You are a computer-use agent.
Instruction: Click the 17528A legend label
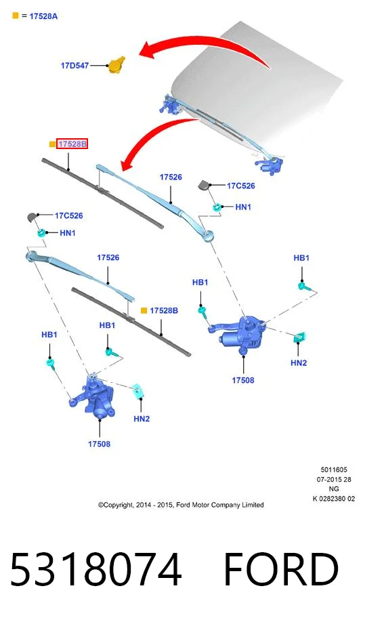point(43,16)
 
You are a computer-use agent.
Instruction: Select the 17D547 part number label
point(74,66)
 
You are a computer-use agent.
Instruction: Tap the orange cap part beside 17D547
point(116,64)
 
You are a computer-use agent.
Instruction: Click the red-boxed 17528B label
point(72,144)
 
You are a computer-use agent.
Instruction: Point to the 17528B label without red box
point(164,310)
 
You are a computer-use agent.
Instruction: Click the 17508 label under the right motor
point(243,380)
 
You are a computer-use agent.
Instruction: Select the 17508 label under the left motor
point(99,444)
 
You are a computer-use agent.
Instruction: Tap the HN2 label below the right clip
point(299,362)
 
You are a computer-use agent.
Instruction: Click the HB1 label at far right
point(301,258)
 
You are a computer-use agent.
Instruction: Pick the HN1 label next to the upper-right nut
point(243,207)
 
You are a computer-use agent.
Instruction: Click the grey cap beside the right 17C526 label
point(204,185)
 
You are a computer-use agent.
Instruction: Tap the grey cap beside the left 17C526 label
point(33,217)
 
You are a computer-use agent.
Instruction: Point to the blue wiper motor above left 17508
point(94,398)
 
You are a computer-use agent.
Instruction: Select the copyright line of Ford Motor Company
point(181,505)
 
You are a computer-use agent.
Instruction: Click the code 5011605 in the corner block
point(334,470)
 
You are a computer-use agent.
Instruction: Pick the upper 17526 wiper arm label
point(171,178)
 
